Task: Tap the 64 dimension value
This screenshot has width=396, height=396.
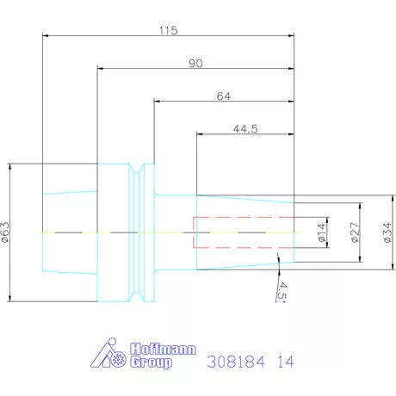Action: click(223, 96)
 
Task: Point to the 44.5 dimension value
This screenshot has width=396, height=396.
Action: click(247, 129)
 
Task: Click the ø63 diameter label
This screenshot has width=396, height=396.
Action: click(5, 232)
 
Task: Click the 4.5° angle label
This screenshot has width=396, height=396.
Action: click(280, 291)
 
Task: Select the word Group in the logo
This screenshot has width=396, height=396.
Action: click(151, 363)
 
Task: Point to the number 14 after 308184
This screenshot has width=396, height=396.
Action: click(285, 362)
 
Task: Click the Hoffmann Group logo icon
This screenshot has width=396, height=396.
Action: click(109, 356)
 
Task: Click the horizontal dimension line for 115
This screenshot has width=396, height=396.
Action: click(103, 35)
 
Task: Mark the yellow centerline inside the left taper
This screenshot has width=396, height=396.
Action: click(69, 233)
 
